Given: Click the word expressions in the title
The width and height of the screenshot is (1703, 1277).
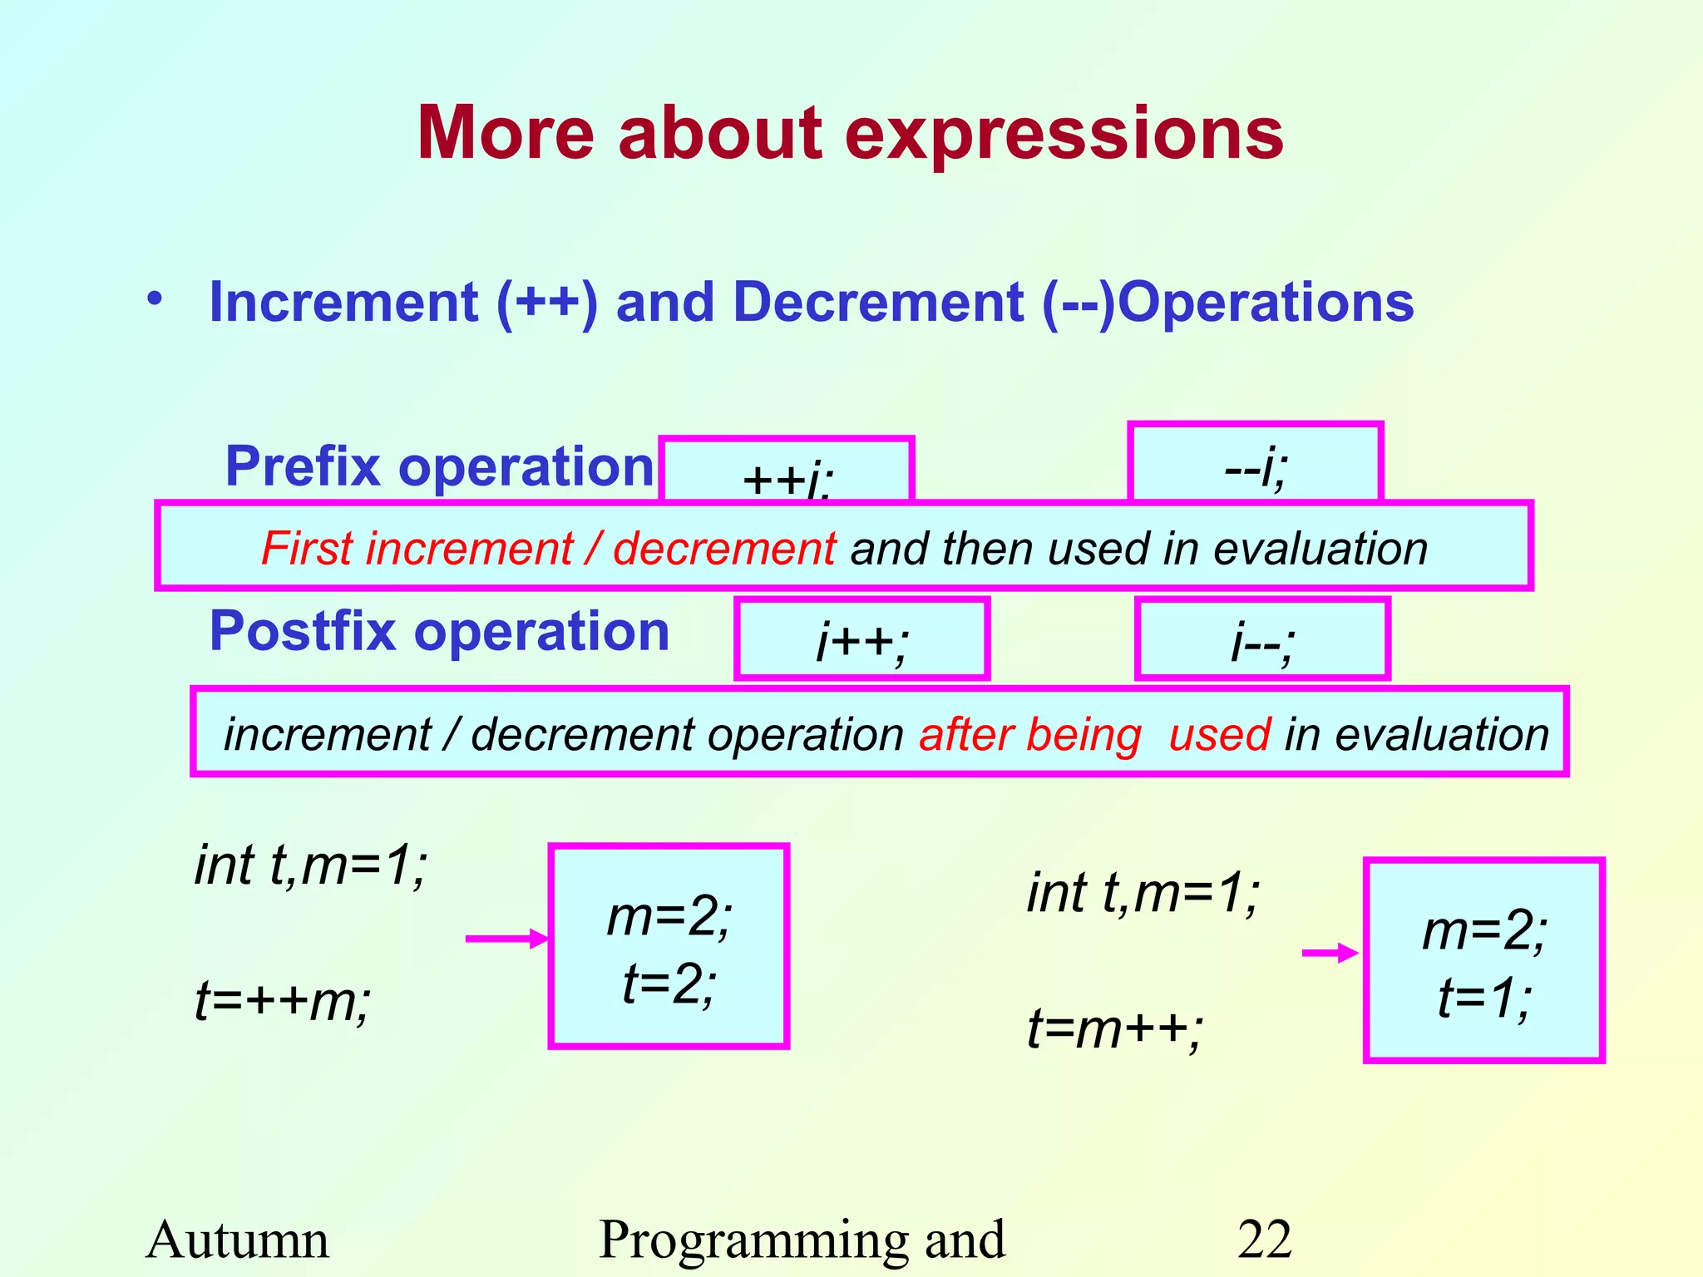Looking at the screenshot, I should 1064,135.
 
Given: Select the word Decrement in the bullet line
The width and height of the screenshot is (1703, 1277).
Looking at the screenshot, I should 877,302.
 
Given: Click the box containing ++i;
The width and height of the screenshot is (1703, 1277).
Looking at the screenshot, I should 786,471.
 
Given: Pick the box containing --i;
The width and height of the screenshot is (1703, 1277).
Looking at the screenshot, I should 1255,464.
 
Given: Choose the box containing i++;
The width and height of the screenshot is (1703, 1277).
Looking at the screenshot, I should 861,639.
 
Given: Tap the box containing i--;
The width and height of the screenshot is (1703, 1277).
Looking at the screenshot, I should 1261,639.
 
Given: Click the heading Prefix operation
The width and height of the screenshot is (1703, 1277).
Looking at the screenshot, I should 439,466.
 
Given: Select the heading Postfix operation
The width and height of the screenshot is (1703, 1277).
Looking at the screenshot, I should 439,632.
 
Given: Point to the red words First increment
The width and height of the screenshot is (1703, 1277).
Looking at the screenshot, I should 416,549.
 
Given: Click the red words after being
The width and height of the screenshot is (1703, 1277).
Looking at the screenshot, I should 1029,735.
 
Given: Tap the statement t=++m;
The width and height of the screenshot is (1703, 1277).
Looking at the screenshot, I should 283,1000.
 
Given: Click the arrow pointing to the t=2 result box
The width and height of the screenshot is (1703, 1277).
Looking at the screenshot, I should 506,939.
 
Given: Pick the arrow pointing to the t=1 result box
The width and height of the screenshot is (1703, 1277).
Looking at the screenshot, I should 1329,954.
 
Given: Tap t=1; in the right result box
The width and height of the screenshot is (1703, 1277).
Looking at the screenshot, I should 1484,998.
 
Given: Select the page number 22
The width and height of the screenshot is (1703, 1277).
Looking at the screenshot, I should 1264,1240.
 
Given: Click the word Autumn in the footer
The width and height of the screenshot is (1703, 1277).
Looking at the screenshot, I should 238,1240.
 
